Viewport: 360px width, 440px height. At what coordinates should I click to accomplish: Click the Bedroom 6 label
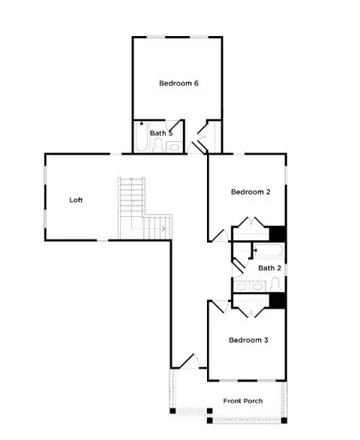[x=178, y=83]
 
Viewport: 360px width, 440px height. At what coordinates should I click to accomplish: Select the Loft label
[x=76, y=200]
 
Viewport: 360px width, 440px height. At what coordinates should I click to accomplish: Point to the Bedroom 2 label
[x=250, y=192]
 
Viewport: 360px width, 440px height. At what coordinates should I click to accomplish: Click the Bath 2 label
[x=269, y=267]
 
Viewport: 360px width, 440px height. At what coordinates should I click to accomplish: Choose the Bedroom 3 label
[x=248, y=340]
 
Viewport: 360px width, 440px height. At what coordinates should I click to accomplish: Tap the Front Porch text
[x=243, y=401]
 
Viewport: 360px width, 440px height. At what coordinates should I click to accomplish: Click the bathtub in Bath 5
[x=141, y=140]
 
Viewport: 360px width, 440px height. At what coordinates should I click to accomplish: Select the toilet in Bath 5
[x=157, y=145]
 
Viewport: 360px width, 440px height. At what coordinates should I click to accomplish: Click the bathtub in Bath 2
[x=268, y=251]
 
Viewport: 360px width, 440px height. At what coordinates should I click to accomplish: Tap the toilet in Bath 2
[x=275, y=284]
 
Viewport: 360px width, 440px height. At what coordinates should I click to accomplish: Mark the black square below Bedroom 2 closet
[x=277, y=234]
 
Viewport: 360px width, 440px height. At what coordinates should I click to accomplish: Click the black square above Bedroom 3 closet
[x=277, y=300]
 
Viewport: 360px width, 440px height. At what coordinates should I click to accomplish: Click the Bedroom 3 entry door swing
[x=219, y=306]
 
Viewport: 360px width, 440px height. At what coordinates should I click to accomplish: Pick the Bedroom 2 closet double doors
[x=250, y=224]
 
